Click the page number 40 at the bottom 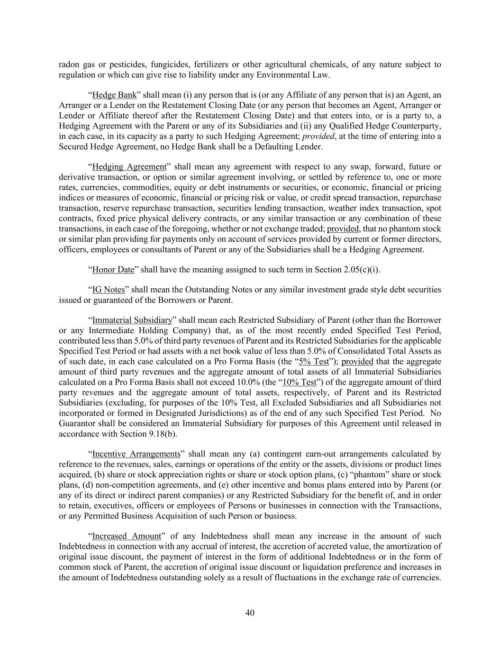coord(250,613)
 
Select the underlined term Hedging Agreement coord(129,167)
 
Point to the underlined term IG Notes coord(109,290)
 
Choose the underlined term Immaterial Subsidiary coord(132,320)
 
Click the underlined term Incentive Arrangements coord(136,454)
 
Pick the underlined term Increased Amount coord(127,536)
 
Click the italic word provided coord(318,136)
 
